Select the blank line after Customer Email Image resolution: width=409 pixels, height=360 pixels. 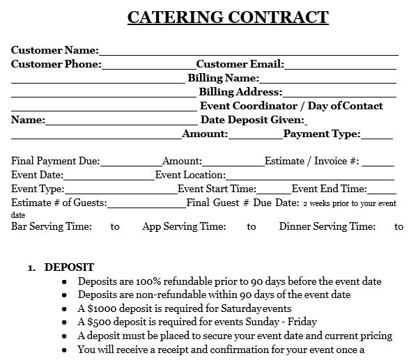tap(341, 64)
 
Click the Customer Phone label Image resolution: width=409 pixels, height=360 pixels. tap(56, 64)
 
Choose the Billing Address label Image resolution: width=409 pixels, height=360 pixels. tap(240, 92)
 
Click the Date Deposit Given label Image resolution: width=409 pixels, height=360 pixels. tap(252, 120)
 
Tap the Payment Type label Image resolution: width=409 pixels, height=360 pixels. tap(321, 134)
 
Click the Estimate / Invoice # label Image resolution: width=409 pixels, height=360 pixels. tap(311, 161)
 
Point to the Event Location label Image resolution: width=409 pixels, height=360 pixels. tap(190, 175)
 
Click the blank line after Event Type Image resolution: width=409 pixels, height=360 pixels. tap(121, 189)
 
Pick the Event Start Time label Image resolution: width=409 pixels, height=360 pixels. tap(217, 189)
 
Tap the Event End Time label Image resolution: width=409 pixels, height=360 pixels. tap(329, 189)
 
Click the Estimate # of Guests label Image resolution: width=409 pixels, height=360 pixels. tap(59, 203)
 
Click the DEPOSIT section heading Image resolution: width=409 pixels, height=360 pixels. tap(69, 267)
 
